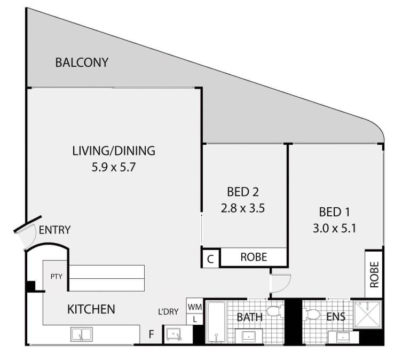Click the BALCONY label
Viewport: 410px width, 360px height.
82,62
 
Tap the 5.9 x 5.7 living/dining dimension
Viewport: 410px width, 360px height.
114,167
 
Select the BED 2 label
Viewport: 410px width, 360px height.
243,192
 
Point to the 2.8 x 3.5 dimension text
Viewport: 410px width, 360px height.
243,208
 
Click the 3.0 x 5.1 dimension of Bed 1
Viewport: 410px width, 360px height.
334,229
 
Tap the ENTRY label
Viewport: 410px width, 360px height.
54,230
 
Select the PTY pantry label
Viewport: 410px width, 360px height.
57,276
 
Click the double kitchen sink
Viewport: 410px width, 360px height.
82,334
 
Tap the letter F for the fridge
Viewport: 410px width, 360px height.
151,334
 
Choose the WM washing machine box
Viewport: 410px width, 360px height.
194,306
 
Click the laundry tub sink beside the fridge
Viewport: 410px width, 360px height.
174,334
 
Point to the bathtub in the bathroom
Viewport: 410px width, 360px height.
216,322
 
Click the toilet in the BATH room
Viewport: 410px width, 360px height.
275,311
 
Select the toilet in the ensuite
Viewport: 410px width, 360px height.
312,314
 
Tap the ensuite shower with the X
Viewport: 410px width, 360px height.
367,314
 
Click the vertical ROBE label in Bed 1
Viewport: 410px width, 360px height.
374,274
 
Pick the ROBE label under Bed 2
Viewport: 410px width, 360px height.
254,257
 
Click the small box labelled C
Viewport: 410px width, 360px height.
210,259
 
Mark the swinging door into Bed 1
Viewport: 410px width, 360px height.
281,283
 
